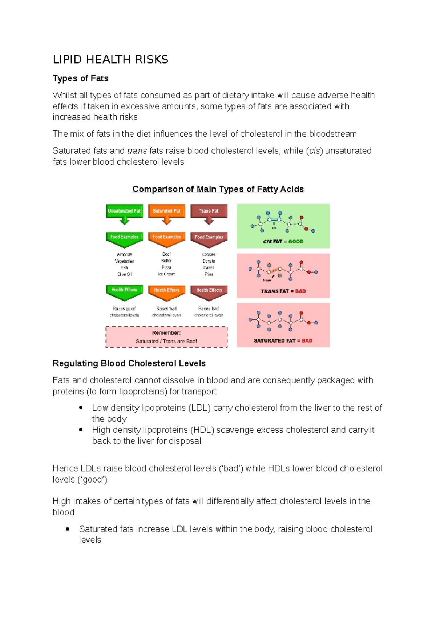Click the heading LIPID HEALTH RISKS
[x=110, y=60]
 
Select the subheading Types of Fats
[x=81, y=78]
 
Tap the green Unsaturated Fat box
[x=124, y=211]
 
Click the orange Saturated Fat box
[x=166, y=211]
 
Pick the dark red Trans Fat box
[x=209, y=211]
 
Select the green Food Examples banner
[x=124, y=237]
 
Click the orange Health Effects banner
[x=166, y=290]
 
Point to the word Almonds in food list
[x=124, y=254]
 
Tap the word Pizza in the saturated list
[x=166, y=267]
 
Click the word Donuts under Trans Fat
[x=209, y=261]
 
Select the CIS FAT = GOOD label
[x=283, y=241]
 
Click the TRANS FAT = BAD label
[x=283, y=291]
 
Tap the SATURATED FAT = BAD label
[x=283, y=340]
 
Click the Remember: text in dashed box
[x=166, y=333]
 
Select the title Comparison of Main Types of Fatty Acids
[x=218, y=189]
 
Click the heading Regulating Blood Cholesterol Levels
[x=129, y=363]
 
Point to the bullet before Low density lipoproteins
[x=81, y=408]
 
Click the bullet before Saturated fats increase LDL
[x=68, y=529]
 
